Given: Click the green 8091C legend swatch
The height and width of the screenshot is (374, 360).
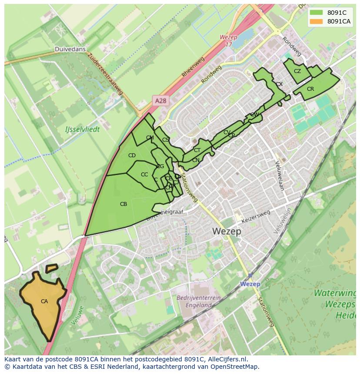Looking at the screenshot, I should click(317, 13).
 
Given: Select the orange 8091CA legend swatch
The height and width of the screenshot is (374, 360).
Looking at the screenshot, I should click(317, 21).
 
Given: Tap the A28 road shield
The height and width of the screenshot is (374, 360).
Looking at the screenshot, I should click(160, 101).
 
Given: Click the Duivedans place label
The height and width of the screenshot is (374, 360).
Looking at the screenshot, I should click(70, 49).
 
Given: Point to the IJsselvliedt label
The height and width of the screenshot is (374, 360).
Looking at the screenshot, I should click(82, 129).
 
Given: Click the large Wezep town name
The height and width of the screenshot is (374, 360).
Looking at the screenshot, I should click(227, 232).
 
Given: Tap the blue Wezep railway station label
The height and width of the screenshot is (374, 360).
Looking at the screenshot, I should click(250, 284).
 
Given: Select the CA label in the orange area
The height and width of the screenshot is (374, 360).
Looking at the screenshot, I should click(44, 301).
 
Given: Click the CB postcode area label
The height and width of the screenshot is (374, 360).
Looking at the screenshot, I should click(123, 204).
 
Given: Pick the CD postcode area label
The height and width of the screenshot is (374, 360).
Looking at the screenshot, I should click(132, 156).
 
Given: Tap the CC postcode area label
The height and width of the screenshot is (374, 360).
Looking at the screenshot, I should click(144, 175).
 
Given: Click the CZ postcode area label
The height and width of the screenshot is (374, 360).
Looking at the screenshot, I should click(297, 71).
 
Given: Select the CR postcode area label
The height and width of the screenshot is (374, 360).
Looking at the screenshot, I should click(310, 89).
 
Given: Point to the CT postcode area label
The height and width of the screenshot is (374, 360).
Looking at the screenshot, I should click(197, 150).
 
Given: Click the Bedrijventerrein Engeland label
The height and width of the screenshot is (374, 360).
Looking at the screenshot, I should click(199, 301).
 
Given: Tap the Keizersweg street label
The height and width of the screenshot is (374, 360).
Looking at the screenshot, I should click(256, 217).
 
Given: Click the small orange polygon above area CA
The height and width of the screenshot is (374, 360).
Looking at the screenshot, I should click(52, 268).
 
